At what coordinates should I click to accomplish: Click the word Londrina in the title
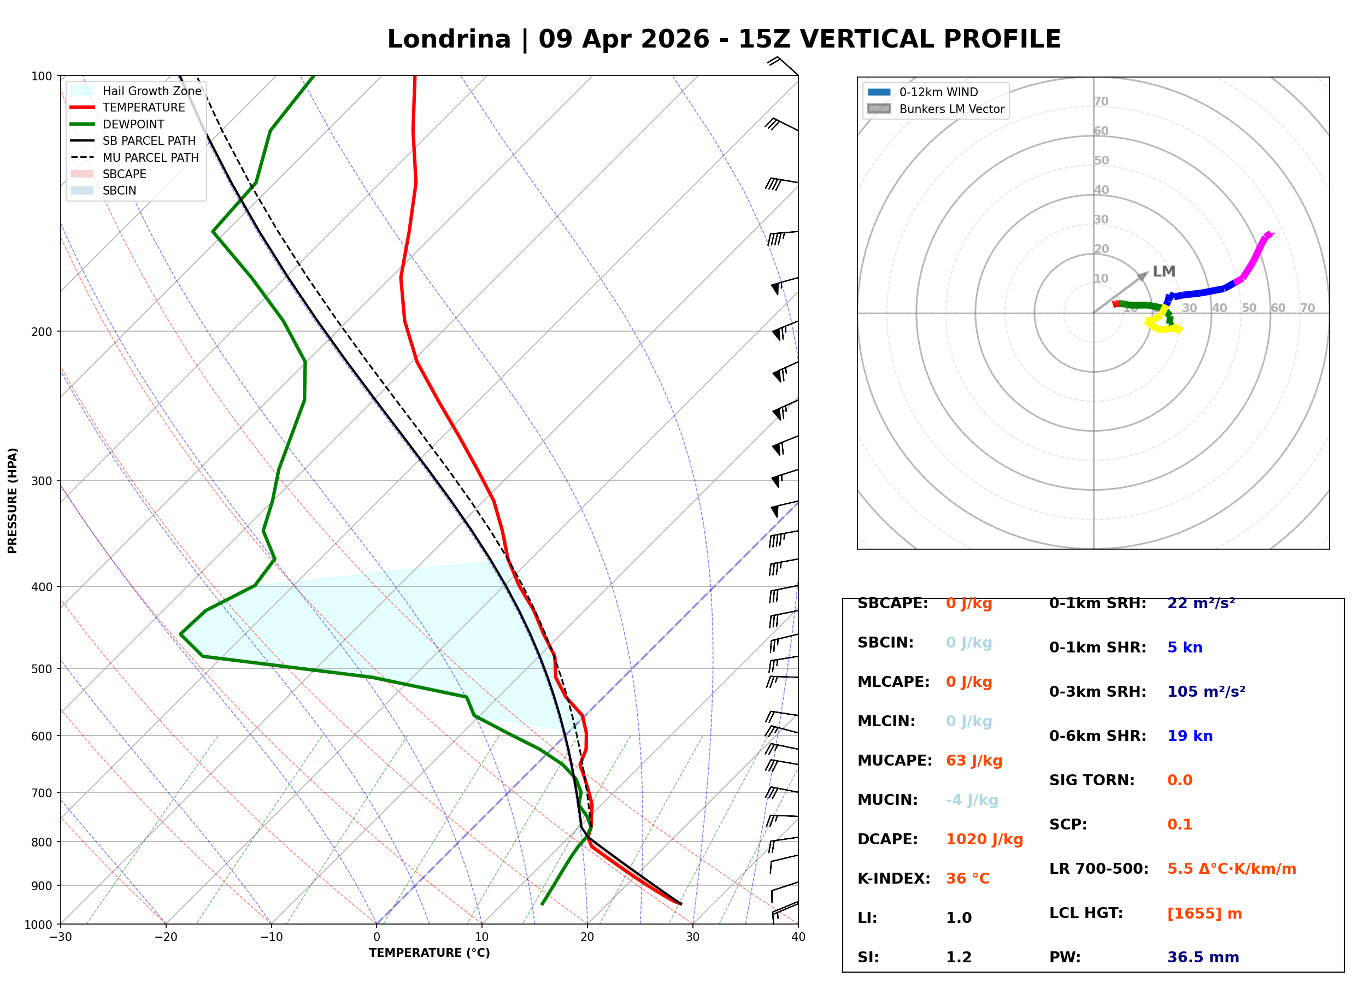click(449, 39)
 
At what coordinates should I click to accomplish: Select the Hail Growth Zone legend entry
click(151, 91)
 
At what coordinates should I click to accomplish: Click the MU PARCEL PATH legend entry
click(150, 157)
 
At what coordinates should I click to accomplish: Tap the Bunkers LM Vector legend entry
click(951, 109)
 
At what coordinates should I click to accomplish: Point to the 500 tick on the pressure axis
click(41, 669)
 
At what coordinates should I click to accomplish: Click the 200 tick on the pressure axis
click(41, 332)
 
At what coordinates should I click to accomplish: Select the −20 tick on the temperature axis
click(165, 937)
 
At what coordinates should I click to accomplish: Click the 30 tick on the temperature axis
click(692, 937)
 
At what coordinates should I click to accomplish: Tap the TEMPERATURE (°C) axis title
click(429, 953)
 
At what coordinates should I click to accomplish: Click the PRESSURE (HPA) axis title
click(13, 500)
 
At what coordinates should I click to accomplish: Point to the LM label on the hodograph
click(1163, 271)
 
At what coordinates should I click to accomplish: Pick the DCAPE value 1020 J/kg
click(984, 839)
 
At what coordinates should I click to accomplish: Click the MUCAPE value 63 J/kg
click(974, 760)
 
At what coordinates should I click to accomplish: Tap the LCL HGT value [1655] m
click(1204, 914)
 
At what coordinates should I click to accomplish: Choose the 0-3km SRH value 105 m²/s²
click(1206, 691)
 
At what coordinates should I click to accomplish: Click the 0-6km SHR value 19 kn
click(1189, 736)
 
